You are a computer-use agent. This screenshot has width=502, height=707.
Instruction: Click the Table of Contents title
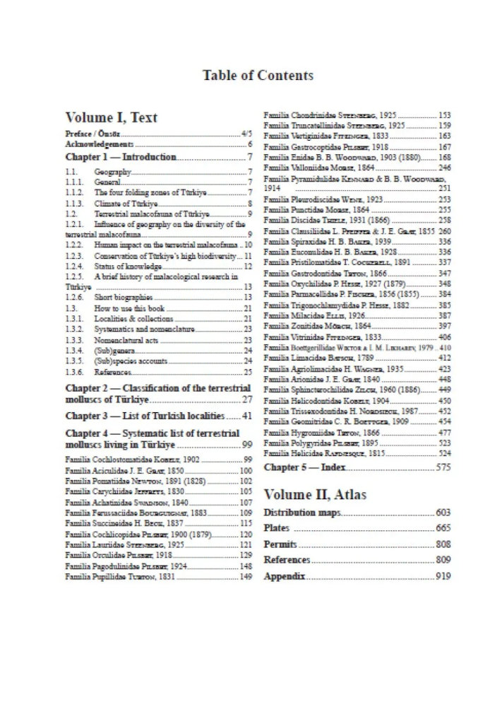[258, 74]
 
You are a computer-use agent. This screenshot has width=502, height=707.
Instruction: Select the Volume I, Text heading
[111, 117]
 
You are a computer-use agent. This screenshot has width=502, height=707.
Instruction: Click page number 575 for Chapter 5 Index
[443, 467]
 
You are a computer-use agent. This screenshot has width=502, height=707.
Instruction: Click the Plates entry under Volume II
[276, 528]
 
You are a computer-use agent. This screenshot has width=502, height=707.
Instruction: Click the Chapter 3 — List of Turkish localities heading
[145, 415]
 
